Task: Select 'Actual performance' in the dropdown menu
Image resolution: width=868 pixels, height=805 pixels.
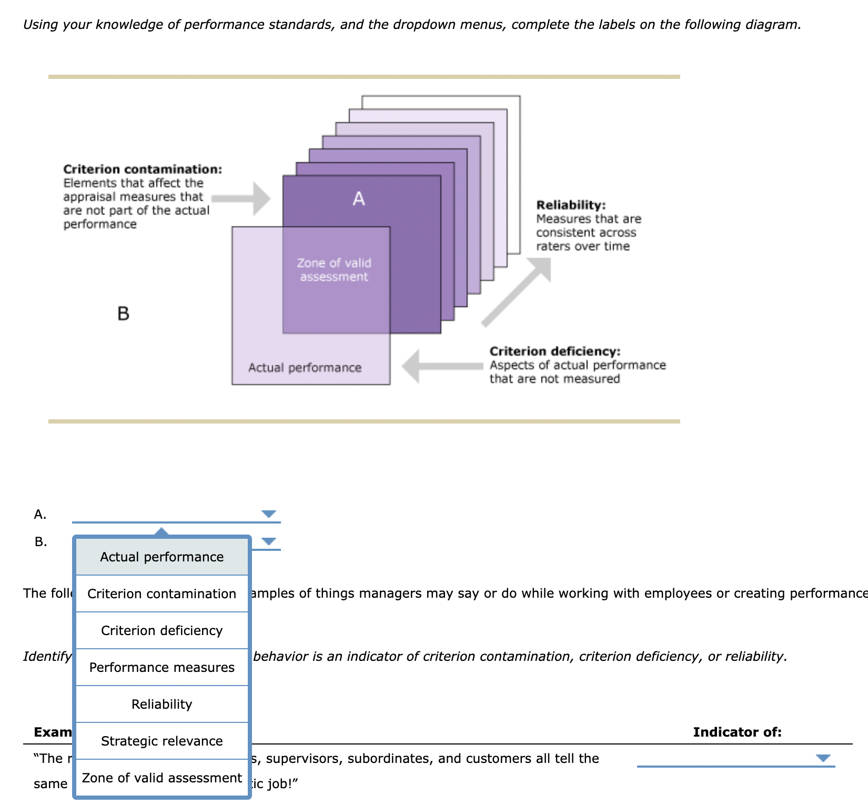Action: click(x=162, y=557)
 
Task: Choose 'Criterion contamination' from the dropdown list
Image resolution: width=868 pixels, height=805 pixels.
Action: click(x=162, y=593)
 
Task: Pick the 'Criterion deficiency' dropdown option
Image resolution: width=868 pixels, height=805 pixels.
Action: click(x=162, y=630)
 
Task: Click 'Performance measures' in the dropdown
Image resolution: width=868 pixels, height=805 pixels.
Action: click(x=162, y=667)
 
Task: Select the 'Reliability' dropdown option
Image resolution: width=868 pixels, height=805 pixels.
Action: click(x=162, y=704)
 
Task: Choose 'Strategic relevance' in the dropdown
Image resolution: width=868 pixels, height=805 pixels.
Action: click(x=162, y=741)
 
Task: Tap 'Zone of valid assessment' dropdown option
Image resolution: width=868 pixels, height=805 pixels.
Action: click(x=162, y=778)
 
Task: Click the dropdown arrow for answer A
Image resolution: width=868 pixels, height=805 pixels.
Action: click(x=269, y=514)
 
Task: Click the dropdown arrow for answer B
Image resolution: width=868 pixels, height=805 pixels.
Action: click(x=269, y=541)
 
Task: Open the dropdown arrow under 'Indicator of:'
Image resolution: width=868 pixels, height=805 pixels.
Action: click(x=823, y=758)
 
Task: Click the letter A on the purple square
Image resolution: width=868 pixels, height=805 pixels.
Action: click(x=359, y=199)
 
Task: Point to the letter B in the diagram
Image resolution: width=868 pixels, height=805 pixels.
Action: click(x=123, y=314)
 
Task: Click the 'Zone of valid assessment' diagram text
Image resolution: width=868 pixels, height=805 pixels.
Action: click(x=334, y=269)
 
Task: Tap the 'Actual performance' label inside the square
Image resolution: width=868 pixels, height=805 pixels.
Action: click(x=305, y=368)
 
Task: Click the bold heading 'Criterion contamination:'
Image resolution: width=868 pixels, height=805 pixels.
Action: click(x=143, y=169)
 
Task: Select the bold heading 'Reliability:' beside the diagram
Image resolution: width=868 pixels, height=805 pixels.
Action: click(x=571, y=205)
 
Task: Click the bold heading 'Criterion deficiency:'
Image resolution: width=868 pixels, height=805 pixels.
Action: click(x=555, y=351)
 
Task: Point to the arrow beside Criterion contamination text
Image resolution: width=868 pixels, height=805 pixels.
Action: click(x=241, y=198)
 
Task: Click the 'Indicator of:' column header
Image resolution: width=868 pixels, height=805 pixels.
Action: click(x=737, y=732)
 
